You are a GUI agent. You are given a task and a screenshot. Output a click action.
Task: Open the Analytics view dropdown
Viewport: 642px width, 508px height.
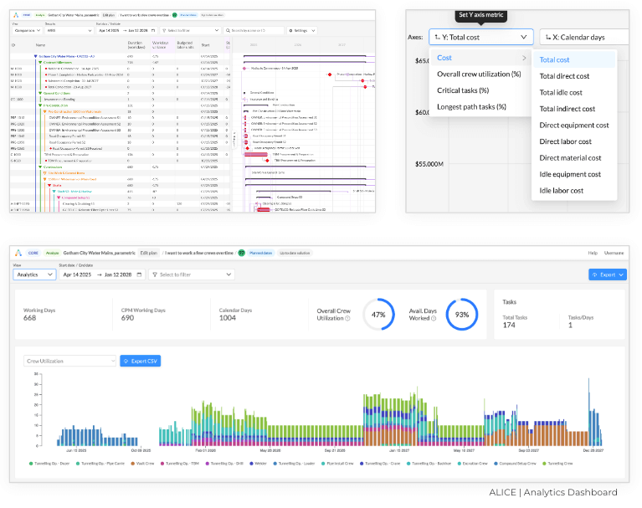click(34, 274)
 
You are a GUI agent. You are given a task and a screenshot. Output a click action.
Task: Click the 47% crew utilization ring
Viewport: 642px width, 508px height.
click(378, 315)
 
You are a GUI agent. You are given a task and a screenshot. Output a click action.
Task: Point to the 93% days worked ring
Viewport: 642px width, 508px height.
click(462, 315)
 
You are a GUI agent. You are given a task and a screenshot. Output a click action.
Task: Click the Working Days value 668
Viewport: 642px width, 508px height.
click(30, 317)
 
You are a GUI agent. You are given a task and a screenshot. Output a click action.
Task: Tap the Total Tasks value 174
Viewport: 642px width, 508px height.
click(509, 325)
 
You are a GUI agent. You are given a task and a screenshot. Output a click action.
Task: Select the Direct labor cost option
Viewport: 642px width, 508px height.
click(565, 141)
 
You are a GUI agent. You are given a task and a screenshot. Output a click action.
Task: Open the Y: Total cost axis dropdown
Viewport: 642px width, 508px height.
click(480, 37)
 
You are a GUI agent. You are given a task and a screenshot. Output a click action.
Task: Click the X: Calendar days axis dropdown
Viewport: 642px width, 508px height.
click(584, 37)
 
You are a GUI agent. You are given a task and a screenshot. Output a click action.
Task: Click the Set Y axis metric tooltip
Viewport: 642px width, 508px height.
click(480, 14)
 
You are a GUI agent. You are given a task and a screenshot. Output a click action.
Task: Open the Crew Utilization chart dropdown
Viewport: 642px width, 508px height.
click(69, 361)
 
